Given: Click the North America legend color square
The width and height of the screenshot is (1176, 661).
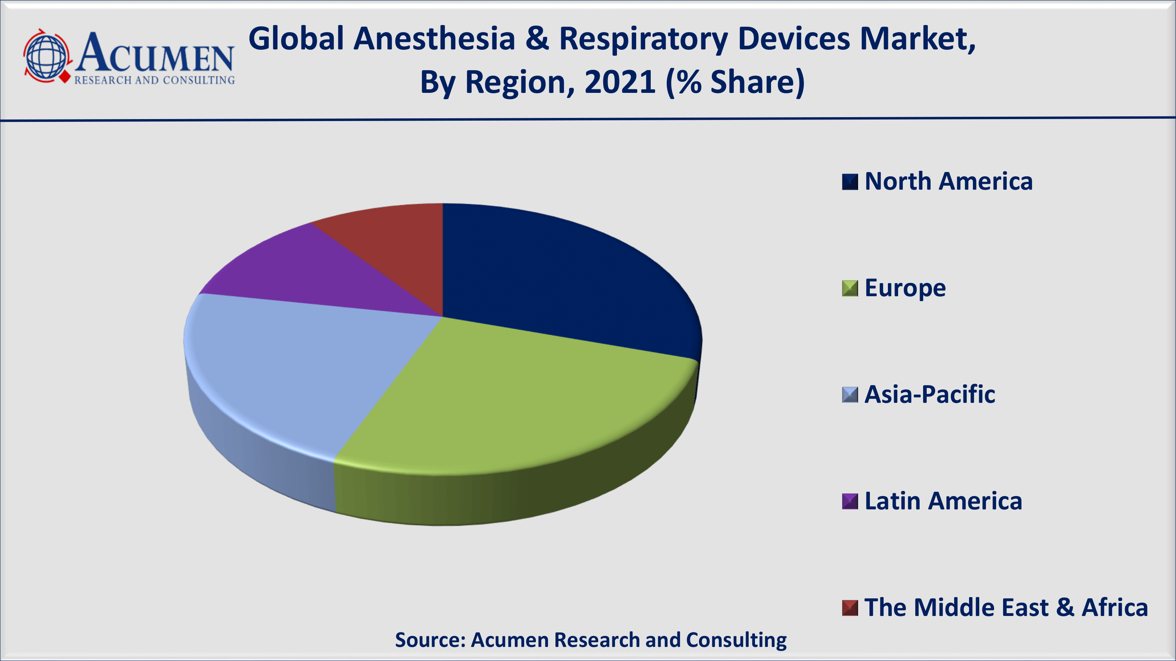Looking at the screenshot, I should pos(849,181).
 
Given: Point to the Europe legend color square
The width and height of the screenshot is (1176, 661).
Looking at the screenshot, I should pos(849,288).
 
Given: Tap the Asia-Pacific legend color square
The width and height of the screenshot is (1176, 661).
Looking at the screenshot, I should pos(849,395).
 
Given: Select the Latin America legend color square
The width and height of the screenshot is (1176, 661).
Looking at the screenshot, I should pos(849,502).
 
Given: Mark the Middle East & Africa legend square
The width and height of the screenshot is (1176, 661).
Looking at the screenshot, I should pos(849,608).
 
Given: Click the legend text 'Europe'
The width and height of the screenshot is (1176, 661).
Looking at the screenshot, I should pos(905,288).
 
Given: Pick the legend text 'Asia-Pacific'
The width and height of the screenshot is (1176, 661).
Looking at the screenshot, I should pos(929,395).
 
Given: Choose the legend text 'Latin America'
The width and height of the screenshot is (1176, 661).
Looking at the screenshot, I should pos(943,502).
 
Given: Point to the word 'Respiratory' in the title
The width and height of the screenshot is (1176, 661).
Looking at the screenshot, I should pos(643,40).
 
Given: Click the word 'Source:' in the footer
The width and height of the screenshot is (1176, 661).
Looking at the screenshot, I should pos(430,640).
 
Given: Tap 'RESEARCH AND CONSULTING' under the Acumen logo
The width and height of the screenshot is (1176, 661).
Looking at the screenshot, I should pos(154,80).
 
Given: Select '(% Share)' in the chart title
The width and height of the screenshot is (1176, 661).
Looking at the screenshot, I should pos(735,83).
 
